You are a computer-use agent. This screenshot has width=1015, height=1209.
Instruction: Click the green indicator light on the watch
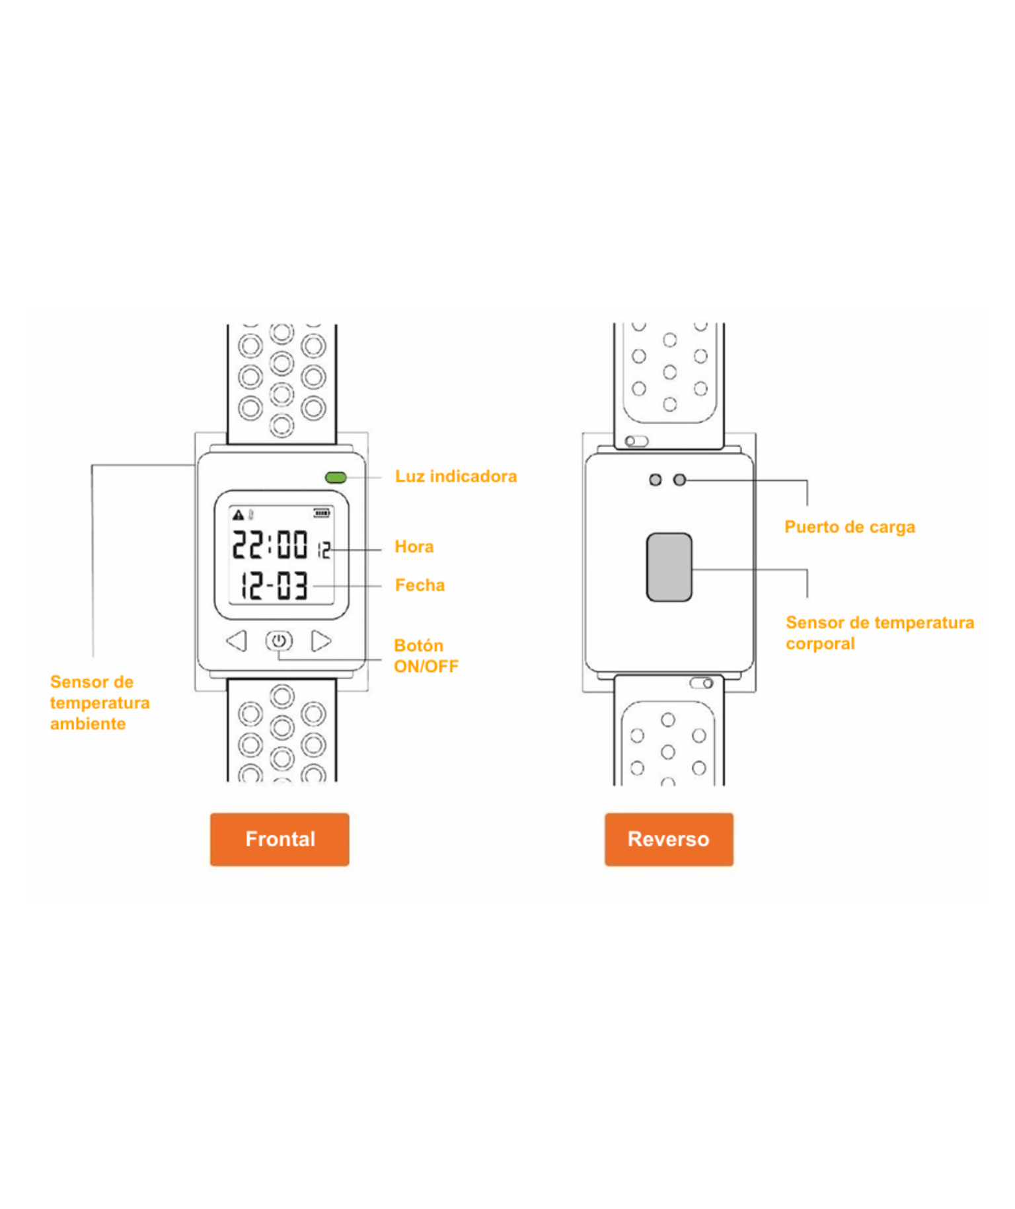(336, 477)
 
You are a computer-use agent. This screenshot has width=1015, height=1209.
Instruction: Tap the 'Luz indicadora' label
(456, 476)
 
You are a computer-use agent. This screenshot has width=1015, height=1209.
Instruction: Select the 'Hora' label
(414, 546)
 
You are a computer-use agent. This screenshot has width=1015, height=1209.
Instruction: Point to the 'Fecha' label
(420, 585)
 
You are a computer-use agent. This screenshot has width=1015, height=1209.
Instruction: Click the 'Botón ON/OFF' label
(426, 655)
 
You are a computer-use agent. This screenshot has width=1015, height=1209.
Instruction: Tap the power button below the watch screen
(279, 640)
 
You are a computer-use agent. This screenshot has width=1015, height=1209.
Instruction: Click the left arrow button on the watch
(237, 640)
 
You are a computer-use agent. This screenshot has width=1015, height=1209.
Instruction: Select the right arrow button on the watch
(321, 640)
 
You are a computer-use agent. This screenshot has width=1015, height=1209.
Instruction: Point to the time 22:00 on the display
(270, 544)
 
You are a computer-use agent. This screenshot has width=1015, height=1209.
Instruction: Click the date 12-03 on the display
(274, 585)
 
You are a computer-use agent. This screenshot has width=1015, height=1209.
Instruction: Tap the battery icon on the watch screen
(322, 513)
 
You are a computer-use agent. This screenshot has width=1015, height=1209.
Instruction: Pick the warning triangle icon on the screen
(239, 514)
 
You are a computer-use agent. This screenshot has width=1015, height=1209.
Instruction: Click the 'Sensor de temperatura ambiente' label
(100, 702)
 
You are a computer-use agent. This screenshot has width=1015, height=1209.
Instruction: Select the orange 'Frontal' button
(280, 839)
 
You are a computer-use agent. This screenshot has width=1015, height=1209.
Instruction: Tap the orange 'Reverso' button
(669, 839)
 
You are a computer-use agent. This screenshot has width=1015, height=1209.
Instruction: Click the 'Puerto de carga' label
(850, 527)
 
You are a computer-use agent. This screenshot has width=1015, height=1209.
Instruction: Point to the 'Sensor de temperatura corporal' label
(880, 632)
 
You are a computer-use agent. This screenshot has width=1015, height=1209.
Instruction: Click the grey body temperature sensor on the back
(669, 567)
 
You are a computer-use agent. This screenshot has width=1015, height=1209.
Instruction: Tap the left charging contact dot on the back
(656, 480)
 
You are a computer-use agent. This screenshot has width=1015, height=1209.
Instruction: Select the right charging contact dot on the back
(679, 480)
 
